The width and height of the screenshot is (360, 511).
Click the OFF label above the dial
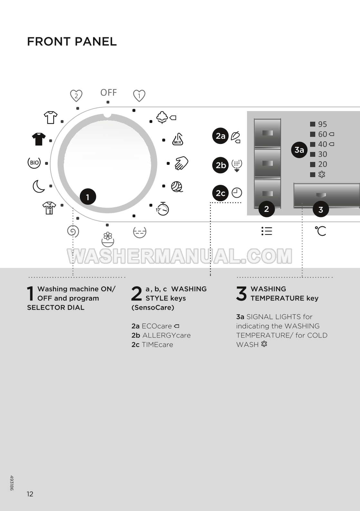[x=109, y=93]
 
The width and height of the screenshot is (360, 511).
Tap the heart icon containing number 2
[x=76, y=96]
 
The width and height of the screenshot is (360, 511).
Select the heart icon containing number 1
[x=139, y=96]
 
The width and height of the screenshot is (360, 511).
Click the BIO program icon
[x=34, y=163]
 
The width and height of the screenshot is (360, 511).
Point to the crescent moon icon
[x=38, y=186]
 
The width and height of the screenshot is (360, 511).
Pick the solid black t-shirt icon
[x=39, y=139]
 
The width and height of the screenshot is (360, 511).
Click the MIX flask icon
[x=177, y=139]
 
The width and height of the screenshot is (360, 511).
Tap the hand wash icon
[x=181, y=163]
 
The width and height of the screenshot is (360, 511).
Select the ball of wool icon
[x=177, y=186]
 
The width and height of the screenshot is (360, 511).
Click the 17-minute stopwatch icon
[x=162, y=209]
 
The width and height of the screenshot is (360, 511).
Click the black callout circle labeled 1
[x=88, y=197]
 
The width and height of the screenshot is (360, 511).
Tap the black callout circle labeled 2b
[x=220, y=165]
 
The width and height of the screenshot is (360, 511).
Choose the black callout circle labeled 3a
[x=299, y=150]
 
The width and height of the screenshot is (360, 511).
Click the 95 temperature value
[x=323, y=124]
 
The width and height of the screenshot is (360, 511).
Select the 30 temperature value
[x=323, y=154]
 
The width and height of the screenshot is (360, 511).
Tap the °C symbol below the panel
[x=320, y=231]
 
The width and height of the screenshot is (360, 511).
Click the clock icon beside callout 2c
[x=237, y=193]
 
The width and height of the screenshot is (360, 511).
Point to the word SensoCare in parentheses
[x=153, y=308]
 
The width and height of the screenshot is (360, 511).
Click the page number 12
[x=30, y=494]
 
